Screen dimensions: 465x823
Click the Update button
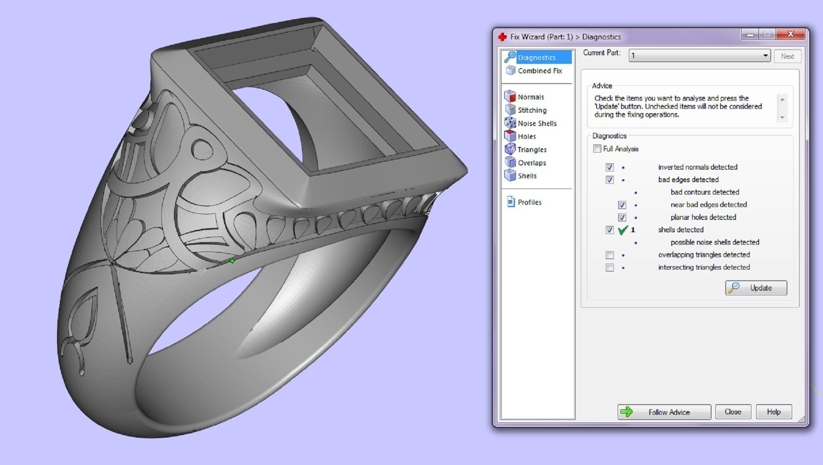pos(756,288)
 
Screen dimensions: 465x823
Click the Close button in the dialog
pos(733,412)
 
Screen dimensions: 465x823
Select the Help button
pos(773,412)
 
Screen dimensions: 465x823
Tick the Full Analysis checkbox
pos(597,149)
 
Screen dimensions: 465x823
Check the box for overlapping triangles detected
pos(610,255)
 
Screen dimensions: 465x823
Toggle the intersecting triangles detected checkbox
pos(610,267)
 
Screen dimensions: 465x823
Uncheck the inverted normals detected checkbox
pos(610,167)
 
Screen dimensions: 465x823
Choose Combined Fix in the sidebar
pos(539,71)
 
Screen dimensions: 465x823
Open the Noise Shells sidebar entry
pos(537,123)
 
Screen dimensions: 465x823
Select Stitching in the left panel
pos(532,110)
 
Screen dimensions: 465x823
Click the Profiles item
pos(529,202)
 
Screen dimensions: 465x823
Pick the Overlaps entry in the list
pos(532,163)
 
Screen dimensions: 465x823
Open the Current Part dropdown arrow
pos(765,56)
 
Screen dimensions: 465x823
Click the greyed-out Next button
pos(787,56)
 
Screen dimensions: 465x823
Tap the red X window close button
pos(790,34)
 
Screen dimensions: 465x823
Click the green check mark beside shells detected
pos(623,230)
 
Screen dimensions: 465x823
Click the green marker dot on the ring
pos(232,261)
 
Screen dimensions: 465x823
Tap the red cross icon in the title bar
pos(502,37)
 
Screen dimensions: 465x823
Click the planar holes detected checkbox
pos(622,217)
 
